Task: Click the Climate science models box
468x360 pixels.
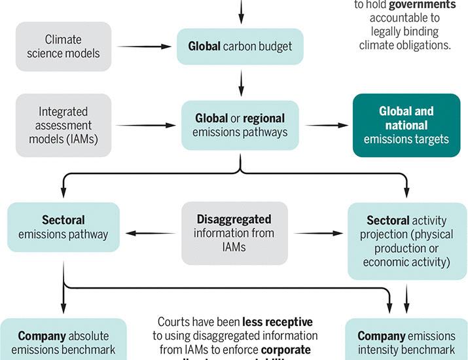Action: (63, 46)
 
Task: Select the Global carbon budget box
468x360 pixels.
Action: (240, 46)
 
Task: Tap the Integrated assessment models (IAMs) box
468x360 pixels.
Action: (63, 125)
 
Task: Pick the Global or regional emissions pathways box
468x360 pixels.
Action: (240, 125)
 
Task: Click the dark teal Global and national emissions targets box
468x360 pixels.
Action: (405, 125)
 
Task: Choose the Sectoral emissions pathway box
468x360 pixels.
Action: (63, 227)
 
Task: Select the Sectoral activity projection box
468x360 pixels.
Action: (406, 240)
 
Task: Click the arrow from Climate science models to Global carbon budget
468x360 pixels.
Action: (143, 46)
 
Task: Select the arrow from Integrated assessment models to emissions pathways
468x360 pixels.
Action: (143, 125)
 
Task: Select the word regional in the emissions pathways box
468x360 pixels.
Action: (264, 118)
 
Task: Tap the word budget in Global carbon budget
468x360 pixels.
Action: (277, 46)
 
